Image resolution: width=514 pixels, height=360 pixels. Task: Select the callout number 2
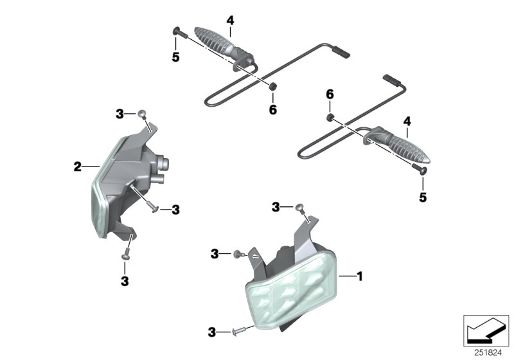pyautogui.click(x=78, y=167)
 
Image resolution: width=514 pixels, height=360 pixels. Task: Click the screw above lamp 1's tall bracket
pyautogui.click(x=299, y=206)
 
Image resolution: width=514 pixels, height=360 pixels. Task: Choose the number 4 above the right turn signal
pyautogui.click(x=406, y=121)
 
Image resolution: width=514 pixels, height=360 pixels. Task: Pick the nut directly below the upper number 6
pyautogui.click(x=328, y=116)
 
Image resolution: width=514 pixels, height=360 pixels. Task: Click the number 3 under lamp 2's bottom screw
pyautogui.click(x=125, y=281)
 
